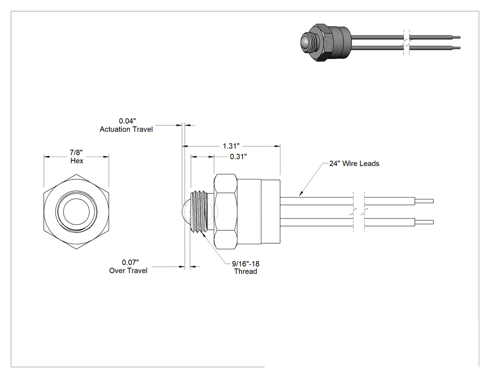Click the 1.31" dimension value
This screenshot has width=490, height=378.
tap(231, 146)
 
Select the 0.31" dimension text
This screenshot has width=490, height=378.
tap(238, 157)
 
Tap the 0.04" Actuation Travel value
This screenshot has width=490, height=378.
tap(127, 121)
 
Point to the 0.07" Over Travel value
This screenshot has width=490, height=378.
tap(130, 262)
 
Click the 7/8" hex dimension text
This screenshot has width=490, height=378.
tap(76, 152)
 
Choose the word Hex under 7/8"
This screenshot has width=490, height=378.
tap(77, 161)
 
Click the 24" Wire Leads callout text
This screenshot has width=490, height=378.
tap(354, 164)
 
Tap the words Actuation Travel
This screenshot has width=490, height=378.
tap(126, 129)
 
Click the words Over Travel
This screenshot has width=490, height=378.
tap(128, 270)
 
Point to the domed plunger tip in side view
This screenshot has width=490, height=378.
tap(185, 212)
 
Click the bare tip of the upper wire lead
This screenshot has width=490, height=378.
tap(424, 201)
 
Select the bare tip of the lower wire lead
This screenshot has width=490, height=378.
tap(424, 222)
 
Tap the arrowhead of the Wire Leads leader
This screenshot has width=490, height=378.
tap(301, 194)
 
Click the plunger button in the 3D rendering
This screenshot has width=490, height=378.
tap(305, 42)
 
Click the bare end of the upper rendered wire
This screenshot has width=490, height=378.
tap(456, 37)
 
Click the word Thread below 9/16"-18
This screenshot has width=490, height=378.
tap(245, 272)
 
